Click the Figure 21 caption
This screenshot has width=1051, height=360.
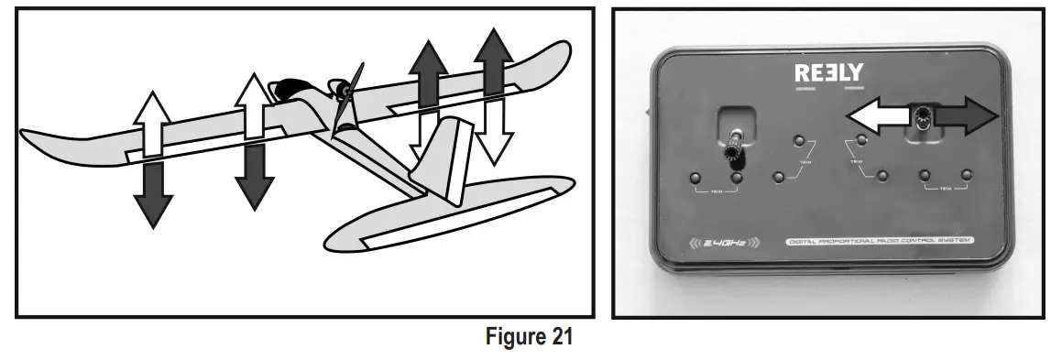[530, 338]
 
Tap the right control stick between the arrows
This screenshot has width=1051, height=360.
[920, 117]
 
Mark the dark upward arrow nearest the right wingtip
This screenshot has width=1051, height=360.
[494, 64]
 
